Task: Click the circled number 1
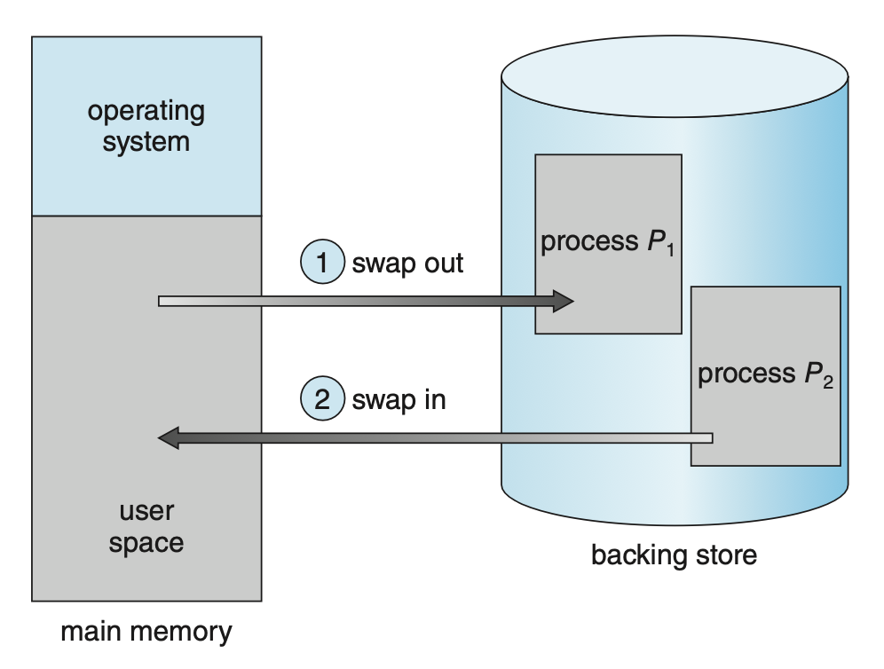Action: pos(322,263)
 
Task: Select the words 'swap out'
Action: pos(407,264)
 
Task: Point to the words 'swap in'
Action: pos(399,399)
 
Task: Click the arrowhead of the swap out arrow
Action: pos(563,301)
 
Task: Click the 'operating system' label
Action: pos(146,126)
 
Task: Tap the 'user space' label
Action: pos(146,527)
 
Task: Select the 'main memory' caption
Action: pos(146,632)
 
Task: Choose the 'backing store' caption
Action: pos(674,556)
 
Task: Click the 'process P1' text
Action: pos(607,242)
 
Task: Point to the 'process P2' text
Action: pos(765,374)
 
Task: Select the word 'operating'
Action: pos(146,112)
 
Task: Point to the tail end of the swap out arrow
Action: pos(162,301)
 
